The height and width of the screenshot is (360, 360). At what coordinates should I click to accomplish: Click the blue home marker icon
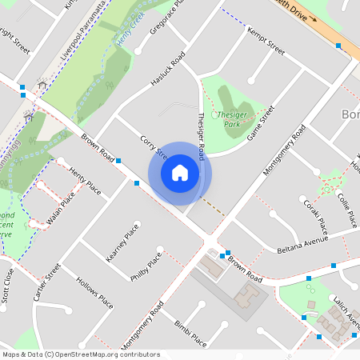(180, 172)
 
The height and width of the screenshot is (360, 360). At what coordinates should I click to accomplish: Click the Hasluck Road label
(167, 71)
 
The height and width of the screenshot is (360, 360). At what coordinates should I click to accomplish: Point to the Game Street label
(261, 123)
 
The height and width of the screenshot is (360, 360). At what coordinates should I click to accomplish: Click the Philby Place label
(146, 266)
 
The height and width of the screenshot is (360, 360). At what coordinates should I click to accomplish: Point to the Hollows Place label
(94, 294)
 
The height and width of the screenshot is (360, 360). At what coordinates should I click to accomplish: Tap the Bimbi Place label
(190, 333)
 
